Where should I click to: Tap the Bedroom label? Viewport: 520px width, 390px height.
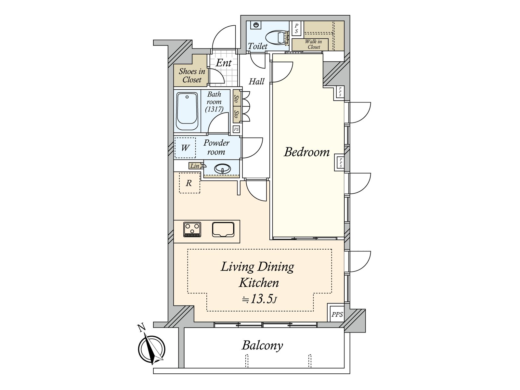click(x=307, y=152)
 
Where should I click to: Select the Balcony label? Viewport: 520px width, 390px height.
click(x=262, y=346)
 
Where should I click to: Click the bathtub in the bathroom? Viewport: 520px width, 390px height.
click(x=187, y=111)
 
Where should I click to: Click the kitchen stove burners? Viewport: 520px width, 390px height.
click(x=192, y=229)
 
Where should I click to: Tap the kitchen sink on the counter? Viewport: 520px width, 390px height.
click(x=223, y=229)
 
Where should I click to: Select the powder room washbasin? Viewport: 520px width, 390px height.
click(x=222, y=169)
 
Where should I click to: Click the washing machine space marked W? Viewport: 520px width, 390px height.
click(x=185, y=148)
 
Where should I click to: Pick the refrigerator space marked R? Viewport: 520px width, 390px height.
click(x=189, y=183)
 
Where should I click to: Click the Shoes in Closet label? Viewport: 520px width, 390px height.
click(x=192, y=75)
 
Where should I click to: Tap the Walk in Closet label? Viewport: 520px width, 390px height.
click(x=313, y=44)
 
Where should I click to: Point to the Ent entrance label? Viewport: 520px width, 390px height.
click(x=224, y=63)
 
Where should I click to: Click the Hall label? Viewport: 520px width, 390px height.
click(x=256, y=82)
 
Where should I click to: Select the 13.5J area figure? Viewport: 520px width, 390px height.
click(x=260, y=299)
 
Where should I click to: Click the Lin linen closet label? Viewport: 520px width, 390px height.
click(x=195, y=166)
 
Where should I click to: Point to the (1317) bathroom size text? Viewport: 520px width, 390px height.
click(x=214, y=109)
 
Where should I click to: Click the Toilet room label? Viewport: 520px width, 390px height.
click(x=257, y=46)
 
